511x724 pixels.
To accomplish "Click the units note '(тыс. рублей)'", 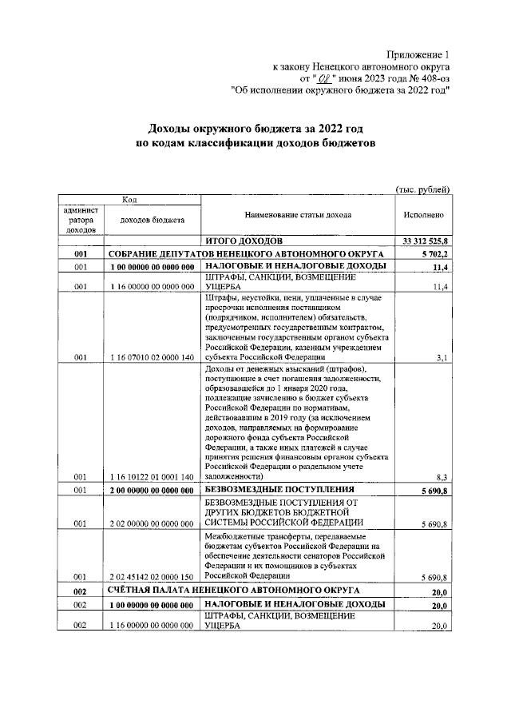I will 423,189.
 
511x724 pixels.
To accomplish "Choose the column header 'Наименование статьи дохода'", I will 298,215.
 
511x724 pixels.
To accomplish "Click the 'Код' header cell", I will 128,199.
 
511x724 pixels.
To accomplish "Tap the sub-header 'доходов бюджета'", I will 152,219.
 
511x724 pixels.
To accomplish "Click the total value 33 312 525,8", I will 423,240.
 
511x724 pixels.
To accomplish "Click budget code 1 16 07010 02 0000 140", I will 152,358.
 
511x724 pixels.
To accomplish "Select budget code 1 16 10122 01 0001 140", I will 152,477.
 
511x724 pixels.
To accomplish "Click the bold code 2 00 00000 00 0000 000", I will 152,489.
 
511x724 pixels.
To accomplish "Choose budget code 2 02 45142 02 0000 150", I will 152,575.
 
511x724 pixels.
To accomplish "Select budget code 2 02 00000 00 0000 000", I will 152,524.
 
